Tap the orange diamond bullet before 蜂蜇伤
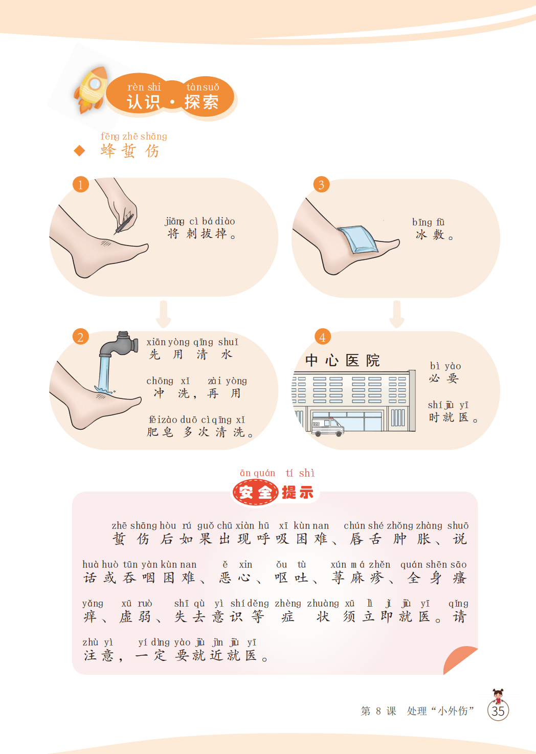coord(79,150)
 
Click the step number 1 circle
coord(80,185)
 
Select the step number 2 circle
coord(80,337)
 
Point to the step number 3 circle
coord(321,185)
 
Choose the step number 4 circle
coord(322,337)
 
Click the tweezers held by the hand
coord(124,224)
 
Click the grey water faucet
coord(119,344)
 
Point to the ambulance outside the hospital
coord(327,427)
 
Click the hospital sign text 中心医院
coord(342,361)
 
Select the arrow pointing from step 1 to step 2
coord(164,314)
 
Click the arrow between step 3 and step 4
coord(397,314)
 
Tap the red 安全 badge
coord(255,493)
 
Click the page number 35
coord(498,711)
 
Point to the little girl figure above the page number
coord(498,696)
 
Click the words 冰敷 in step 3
coord(430,235)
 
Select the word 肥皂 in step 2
coord(160,432)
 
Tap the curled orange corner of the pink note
coord(459,660)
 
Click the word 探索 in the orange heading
coord(202,102)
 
